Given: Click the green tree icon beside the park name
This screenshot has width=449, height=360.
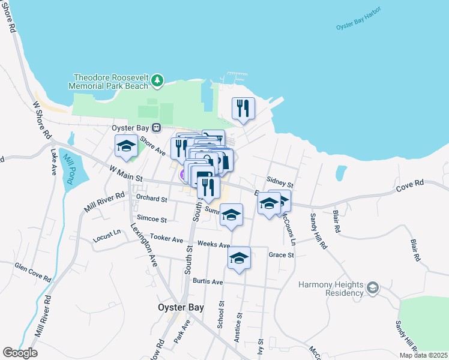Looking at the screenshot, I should coord(157,80).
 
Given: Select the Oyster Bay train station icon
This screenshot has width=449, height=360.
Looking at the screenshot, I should coord(156,127).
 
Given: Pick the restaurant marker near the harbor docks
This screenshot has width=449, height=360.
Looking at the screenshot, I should coord(243,109).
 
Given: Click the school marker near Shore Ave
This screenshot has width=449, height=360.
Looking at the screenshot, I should coord(126,146).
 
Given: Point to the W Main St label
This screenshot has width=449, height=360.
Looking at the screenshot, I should coord(125,173).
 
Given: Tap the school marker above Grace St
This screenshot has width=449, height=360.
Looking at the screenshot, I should coord(239,259).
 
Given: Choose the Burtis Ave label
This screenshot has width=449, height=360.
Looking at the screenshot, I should coord(208,281).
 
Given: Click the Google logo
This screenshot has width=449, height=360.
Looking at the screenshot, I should coord(20,353).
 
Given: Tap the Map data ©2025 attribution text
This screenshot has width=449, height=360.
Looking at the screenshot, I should coord(423,355).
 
